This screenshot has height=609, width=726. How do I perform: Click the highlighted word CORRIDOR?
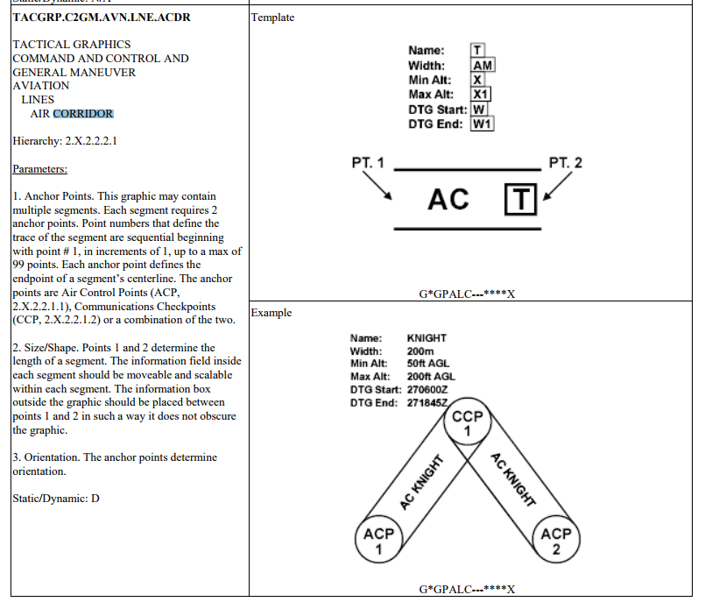point(83,114)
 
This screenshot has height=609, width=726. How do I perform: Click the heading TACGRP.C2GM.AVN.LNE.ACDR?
point(102,17)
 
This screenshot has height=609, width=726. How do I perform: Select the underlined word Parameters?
point(39,169)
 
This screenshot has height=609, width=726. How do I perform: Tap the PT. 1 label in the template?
point(367,163)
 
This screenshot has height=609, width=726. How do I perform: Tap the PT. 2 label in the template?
point(565,163)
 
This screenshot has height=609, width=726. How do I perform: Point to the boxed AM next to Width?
point(483,66)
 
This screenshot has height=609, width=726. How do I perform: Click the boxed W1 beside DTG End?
point(483,124)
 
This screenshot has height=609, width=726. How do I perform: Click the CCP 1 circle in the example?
point(468,425)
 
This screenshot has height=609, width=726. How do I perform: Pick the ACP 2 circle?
point(556,541)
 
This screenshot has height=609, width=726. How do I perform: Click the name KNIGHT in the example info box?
point(426,338)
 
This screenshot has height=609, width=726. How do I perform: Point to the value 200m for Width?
point(420,351)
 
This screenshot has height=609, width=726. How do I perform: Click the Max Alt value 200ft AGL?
point(431,377)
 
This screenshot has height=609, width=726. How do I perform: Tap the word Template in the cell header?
point(273,18)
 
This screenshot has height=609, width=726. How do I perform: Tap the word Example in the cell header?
point(271,313)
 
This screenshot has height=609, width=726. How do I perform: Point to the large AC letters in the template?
point(448,200)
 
